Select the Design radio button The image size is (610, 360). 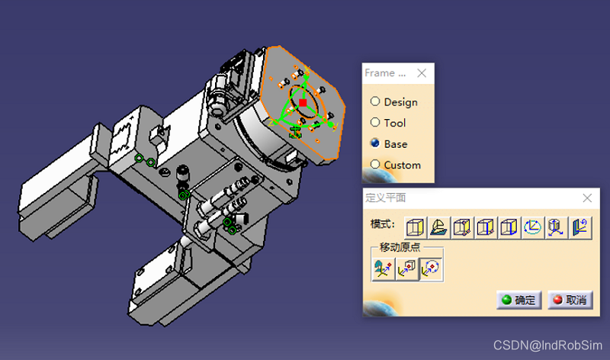tap(375, 101)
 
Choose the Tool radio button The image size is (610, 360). tap(375, 123)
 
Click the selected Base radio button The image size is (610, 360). tap(375, 143)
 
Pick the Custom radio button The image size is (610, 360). tap(375, 164)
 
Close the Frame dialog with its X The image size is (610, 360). tap(422, 73)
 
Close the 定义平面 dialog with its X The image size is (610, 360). tap(587, 198)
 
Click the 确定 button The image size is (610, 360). tap(519, 300)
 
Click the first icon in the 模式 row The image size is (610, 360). tap(416, 228)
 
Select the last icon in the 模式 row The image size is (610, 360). tap(580, 228)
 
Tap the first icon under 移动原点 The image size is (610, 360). tap(384, 269)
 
